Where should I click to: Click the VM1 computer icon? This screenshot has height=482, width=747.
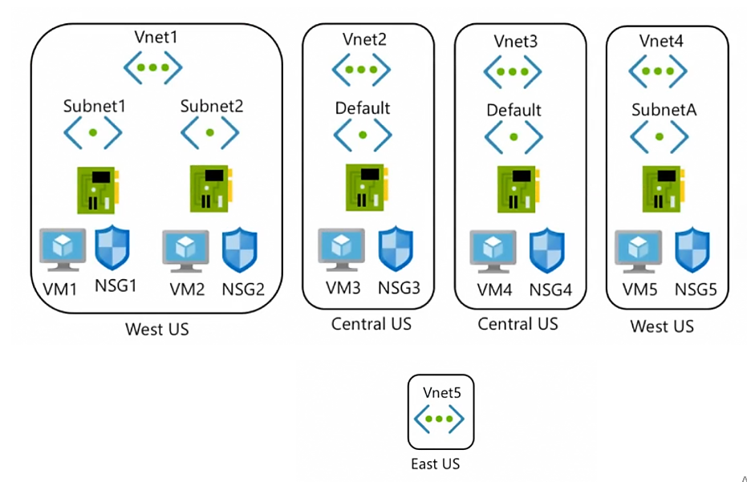point(63,249)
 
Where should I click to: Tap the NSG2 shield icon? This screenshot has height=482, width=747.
point(240,250)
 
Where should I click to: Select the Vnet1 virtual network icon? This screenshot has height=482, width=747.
point(153,67)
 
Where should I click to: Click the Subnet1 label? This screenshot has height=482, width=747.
point(95,106)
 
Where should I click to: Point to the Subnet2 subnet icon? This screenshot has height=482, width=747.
point(210,133)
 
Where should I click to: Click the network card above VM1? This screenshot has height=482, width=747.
point(98,190)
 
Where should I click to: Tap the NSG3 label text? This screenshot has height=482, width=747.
point(400,288)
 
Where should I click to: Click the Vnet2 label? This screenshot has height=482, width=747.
point(364,39)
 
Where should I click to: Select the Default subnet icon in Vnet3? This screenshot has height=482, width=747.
point(514,137)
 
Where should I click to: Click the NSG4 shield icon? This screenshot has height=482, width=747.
point(547,250)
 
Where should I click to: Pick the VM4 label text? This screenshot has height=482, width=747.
point(494,290)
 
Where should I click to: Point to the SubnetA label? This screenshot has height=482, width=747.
point(664,110)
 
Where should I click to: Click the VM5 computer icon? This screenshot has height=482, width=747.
point(639,252)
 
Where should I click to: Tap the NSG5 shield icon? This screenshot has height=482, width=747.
point(692,250)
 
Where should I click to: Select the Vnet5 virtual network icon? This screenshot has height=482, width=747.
point(439,419)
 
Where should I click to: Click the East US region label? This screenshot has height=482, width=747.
point(436,464)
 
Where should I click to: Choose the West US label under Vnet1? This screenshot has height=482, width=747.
point(157,329)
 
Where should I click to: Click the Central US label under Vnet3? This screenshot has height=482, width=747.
point(518,324)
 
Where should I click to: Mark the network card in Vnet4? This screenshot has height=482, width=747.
point(663,189)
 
